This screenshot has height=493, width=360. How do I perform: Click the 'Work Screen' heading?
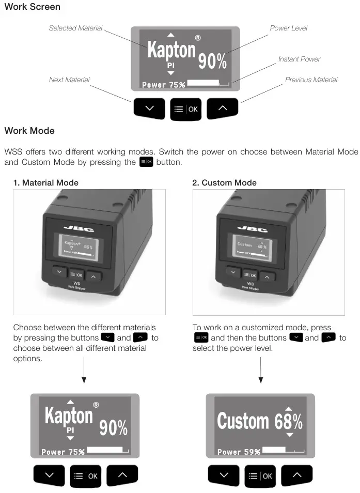click(x=32, y=7)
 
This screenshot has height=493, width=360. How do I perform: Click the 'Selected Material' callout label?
click(x=75, y=28)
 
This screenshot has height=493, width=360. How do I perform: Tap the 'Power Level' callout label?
click(x=288, y=28)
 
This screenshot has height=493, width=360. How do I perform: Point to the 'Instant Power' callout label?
click(x=299, y=59)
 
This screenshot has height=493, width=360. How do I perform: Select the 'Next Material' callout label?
click(x=69, y=80)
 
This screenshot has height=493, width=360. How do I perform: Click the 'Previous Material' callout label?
click(x=311, y=80)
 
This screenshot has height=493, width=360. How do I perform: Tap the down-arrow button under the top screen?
click(x=149, y=109)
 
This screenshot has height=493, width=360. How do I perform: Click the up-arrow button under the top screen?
click(x=223, y=109)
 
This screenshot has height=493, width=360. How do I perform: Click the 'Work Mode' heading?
click(x=29, y=131)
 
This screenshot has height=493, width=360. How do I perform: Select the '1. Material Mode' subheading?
click(x=46, y=182)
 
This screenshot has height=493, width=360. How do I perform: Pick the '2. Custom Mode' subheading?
click(x=224, y=182)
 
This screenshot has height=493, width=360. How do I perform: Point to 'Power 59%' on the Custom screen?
click(x=239, y=451)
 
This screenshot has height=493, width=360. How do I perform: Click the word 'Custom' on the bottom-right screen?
click(x=243, y=421)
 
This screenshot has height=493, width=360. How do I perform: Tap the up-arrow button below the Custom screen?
click(x=296, y=475)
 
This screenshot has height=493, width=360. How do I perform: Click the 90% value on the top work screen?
click(x=213, y=62)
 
